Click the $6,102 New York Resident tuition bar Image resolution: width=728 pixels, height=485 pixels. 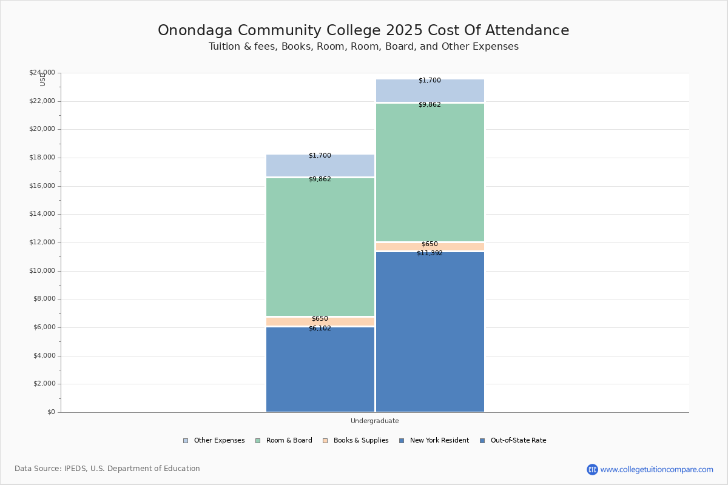pos(320,370)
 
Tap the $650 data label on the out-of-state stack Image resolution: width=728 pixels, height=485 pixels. pos(430,244)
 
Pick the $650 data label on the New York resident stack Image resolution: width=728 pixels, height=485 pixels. pos(320,319)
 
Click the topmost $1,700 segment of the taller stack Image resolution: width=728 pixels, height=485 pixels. pos(430,90)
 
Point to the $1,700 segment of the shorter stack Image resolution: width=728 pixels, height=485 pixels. pos(320,166)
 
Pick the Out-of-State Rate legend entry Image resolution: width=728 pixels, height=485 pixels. pos(513,441)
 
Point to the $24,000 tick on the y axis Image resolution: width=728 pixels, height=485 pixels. pos(42,73)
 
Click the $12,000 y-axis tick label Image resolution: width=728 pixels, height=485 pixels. pos(42,242)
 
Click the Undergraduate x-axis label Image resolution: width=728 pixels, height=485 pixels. pos(375,421)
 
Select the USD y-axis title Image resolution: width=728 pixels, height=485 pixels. pos(42,79)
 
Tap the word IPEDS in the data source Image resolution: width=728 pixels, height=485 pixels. pos(76,469)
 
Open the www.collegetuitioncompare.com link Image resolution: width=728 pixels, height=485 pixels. pos(656,469)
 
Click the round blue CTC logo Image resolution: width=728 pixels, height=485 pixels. pos(592,469)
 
